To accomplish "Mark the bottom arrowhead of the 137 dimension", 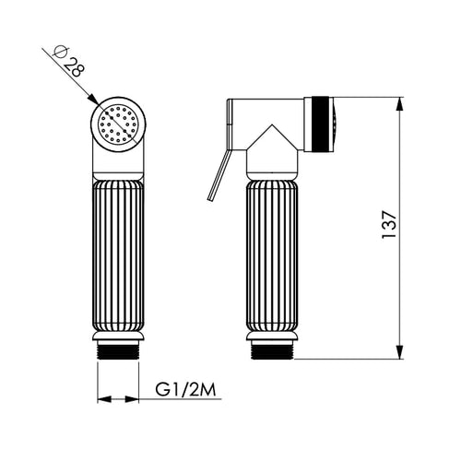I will coord(399,356).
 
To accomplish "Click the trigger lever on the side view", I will coord(219,175).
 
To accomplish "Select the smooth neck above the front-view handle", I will coord(117,164).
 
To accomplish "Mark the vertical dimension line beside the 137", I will coord(399,277).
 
